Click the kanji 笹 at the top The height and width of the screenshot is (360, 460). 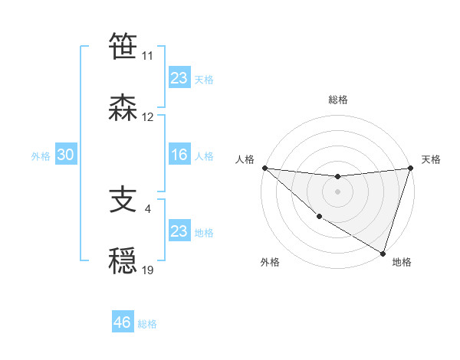click(x=123, y=46)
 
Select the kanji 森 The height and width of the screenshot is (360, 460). click(x=123, y=108)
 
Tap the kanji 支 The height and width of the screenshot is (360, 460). click(x=123, y=200)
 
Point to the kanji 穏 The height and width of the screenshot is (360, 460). click(x=123, y=261)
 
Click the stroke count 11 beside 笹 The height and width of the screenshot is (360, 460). click(x=147, y=56)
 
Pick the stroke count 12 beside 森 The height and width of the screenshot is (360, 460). click(x=147, y=118)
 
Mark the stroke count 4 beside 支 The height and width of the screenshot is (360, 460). click(x=148, y=209)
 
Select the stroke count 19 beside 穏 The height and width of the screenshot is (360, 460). click(x=147, y=270)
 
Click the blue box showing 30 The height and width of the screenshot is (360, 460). click(x=65, y=155)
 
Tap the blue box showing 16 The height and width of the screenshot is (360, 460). click(x=179, y=155)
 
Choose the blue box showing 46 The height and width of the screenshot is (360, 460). click(x=123, y=322)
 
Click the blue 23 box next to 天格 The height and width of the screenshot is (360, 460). click(x=179, y=78)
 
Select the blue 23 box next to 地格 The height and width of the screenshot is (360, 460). click(x=179, y=231)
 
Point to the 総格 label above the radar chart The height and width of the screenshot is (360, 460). click(x=338, y=100)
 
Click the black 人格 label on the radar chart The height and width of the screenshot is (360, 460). click(x=245, y=159)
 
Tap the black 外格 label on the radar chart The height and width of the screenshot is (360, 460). click(x=270, y=262)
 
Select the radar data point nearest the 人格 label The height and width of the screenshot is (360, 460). click(x=264, y=167)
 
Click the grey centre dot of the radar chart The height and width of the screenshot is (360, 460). click(x=337, y=191)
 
